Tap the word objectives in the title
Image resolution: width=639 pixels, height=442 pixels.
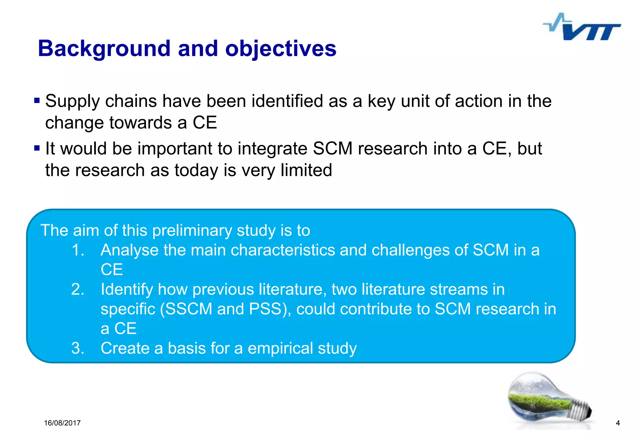pyautogui.click(x=280, y=49)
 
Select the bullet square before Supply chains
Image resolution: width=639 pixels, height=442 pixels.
pyautogui.click(x=37, y=101)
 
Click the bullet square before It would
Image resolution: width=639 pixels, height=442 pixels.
pyautogui.click(x=37, y=148)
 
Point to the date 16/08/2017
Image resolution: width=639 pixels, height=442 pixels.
pyautogui.click(x=62, y=423)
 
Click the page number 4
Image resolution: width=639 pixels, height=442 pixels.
pyautogui.click(x=617, y=423)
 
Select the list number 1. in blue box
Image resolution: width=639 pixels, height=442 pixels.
pyautogui.click(x=78, y=250)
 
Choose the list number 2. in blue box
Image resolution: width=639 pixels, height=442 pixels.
pyautogui.click(x=78, y=289)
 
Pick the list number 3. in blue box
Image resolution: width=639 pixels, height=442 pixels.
pyautogui.click(x=78, y=348)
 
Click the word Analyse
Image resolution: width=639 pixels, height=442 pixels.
pyautogui.click(x=129, y=250)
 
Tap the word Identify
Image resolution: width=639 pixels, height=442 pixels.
pyautogui.click(x=127, y=290)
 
